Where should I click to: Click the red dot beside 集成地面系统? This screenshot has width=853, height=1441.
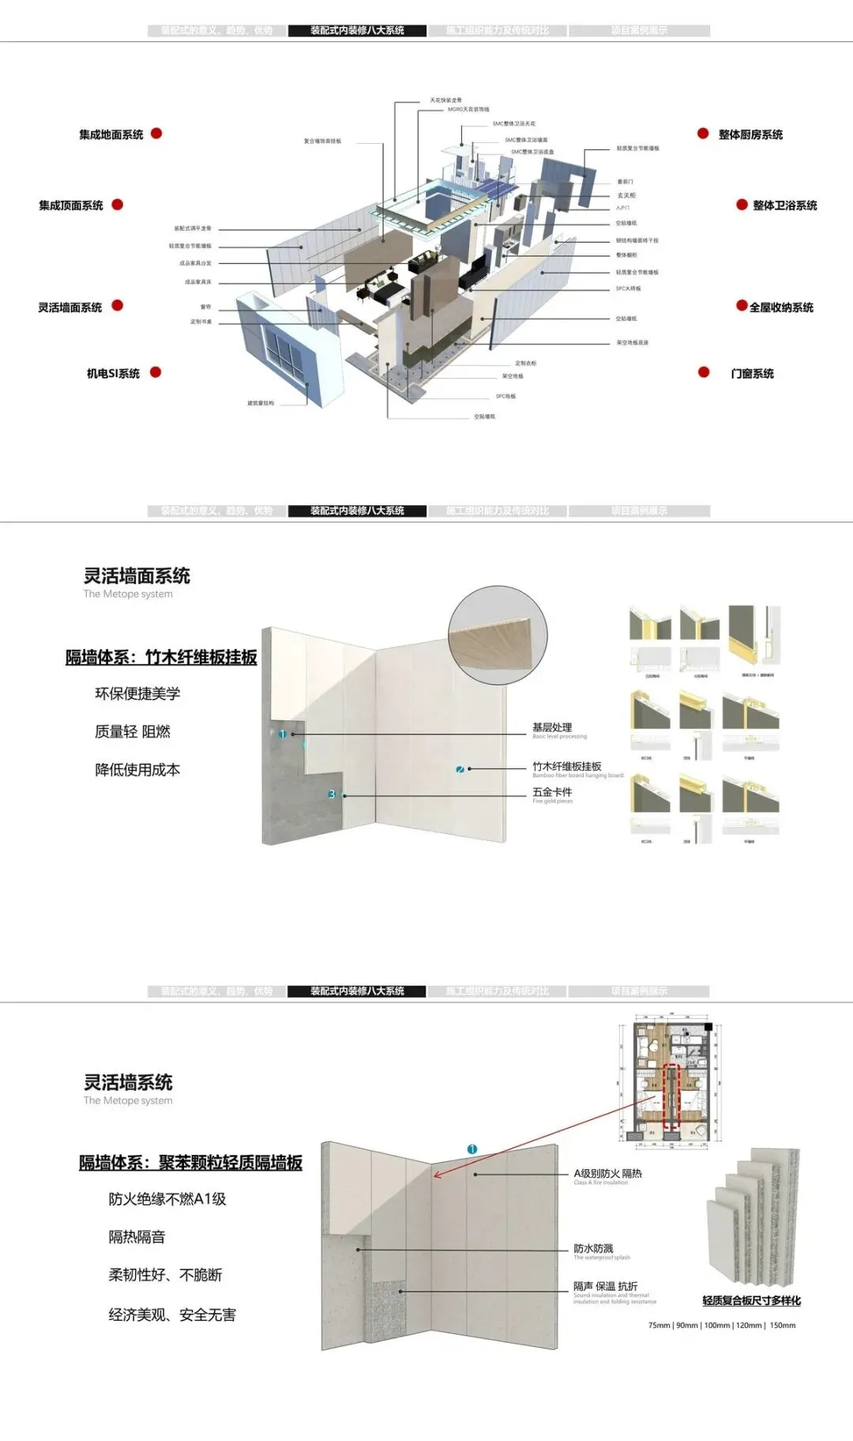156,134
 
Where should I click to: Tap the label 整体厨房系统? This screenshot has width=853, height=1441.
750,135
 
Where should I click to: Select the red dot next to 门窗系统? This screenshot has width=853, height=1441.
704,372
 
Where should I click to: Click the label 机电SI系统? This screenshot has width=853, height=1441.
113,373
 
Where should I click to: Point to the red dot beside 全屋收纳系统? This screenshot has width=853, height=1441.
742,306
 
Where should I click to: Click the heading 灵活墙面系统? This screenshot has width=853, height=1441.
137,576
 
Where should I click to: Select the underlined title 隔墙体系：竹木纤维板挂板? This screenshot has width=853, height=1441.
161,658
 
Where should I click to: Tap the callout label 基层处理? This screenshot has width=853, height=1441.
552,727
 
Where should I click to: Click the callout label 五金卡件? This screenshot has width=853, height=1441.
552,792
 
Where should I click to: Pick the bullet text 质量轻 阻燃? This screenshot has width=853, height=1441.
133,732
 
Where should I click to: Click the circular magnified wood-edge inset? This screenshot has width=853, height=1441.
498,635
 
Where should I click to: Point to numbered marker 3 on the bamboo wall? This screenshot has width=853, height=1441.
332,794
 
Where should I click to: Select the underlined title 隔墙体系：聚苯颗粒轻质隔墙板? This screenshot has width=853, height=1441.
190,1163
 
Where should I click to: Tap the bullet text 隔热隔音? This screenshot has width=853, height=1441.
137,1237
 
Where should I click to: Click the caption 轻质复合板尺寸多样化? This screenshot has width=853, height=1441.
751,1300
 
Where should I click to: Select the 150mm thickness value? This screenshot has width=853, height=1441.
783,1326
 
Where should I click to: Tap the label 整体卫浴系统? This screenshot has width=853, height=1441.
784,206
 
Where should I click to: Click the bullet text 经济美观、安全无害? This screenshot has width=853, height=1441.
172,1315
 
